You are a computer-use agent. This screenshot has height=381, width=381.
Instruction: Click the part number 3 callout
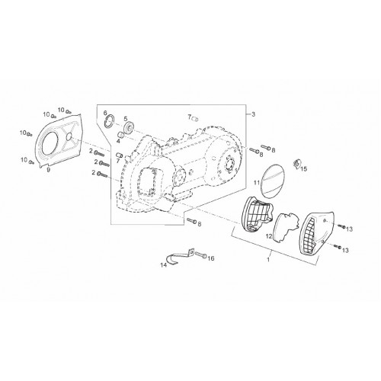tap(253, 114)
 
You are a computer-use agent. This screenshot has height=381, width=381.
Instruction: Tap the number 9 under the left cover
tap(48, 170)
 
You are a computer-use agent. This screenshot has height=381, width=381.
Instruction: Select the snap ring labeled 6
tap(110, 121)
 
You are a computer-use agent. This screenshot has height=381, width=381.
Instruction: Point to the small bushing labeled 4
tap(121, 134)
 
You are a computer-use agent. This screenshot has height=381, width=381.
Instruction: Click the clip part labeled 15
tap(296, 163)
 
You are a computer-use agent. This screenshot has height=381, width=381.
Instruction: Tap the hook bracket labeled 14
tap(179, 256)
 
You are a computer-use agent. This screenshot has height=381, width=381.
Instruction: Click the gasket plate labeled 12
tap(287, 226)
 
